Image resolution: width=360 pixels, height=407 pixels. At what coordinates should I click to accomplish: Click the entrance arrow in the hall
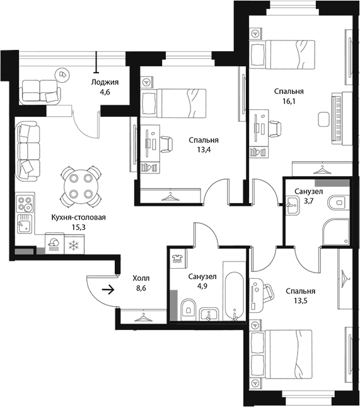tap(108, 290)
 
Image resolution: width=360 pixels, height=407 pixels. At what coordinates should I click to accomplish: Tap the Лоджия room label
tap(105, 82)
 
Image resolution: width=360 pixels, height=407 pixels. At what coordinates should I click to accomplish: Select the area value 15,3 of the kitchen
tap(79, 227)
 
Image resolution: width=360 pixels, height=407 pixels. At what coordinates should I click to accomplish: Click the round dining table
tap(81, 186)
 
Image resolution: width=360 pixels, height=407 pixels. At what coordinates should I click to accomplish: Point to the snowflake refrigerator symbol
tap(74, 245)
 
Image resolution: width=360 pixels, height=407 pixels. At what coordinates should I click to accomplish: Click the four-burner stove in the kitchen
tap(25, 203)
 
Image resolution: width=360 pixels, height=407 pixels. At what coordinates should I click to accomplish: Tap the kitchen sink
tap(25, 224)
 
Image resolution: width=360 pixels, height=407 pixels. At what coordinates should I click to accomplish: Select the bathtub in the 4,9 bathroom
tap(234, 295)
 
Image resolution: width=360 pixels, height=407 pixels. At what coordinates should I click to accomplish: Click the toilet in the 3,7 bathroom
tap(337, 203)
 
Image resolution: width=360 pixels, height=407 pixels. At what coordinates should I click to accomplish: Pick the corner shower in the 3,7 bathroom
tap(337, 232)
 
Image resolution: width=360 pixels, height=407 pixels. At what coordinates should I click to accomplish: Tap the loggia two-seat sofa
tap(40, 91)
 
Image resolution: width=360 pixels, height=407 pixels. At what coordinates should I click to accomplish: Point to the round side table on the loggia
tap(62, 74)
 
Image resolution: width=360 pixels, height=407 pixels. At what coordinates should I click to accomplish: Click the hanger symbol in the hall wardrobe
tap(143, 317)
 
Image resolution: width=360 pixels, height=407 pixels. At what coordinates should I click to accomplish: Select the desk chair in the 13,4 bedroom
tap(166, 144)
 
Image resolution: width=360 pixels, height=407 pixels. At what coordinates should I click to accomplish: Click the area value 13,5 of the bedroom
tap(300, 301)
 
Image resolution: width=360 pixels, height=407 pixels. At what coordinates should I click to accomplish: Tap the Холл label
tap(141, 278)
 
